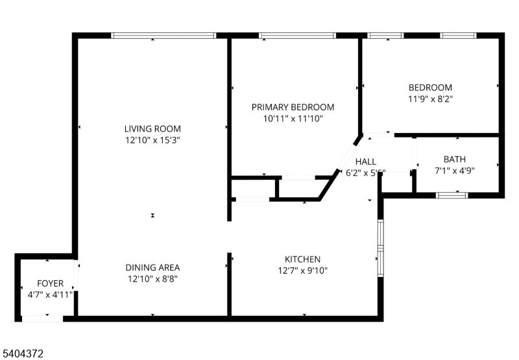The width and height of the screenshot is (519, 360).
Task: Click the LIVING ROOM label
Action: click(x=152, y=128)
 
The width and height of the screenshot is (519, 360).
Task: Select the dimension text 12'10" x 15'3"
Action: click(x=152, y=140)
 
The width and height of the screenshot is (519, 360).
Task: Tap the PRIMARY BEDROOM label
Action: click(x=293, y=107)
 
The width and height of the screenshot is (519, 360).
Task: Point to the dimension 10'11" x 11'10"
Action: click(x=293, y=119)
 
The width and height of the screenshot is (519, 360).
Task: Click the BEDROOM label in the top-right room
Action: click(x=430, y=88)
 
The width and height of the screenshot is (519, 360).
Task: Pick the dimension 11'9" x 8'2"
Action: click(x=430, y=99)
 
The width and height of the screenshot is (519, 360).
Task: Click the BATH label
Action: click(x=454, y=159)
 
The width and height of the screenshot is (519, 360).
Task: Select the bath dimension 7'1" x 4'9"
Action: click(x=454, y=171)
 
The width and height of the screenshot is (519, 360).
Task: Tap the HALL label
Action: click(x=365, y=162)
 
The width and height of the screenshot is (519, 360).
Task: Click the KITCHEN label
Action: click(x=302, y=259)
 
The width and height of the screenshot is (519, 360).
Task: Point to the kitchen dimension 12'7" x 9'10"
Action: click(x=302, y=270)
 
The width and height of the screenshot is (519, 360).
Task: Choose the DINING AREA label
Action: click(x=152, y=267)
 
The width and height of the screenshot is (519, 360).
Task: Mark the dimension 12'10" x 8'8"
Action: click(x=152, y=279)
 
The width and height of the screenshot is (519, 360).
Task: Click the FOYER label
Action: click(x=50, y=283)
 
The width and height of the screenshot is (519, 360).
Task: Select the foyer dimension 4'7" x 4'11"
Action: click(x=50, y=295)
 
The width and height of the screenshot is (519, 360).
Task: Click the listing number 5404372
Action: click(x=23, y=354)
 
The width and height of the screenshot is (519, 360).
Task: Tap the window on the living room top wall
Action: click(x=163, y=36)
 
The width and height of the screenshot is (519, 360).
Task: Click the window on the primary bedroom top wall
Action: click(x=297, y=36)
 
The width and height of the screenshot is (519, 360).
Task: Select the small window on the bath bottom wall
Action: click(x=452, y=194)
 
